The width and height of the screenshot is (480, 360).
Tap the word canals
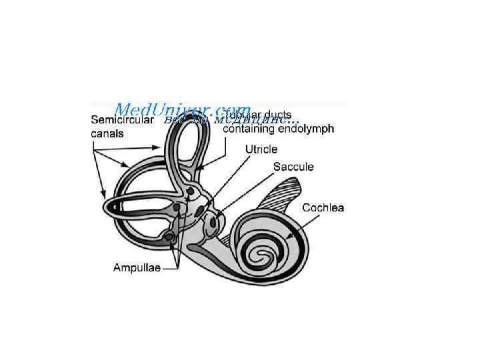107,133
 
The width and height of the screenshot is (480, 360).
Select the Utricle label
261,150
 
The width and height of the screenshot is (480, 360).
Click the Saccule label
293,167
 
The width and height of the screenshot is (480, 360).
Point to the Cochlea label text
323,208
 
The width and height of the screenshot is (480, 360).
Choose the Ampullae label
137,268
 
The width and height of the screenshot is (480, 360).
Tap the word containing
249,129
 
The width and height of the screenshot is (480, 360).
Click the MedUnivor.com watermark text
183,109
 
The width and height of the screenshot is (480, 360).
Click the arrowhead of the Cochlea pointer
287,237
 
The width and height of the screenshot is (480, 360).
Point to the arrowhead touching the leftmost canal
106,195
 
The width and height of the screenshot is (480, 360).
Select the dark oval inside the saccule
213,223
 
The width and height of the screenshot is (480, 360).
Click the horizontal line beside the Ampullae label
171,268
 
